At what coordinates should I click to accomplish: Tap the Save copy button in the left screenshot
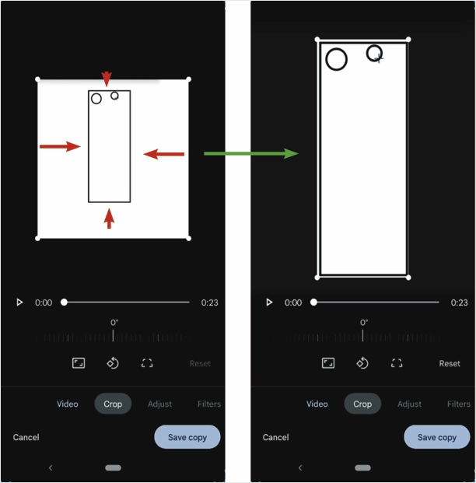pos(187,437)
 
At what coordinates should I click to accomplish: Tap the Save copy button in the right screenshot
pos(437,437)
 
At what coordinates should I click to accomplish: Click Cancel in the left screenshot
pos(26,437)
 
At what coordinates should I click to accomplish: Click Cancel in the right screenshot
pos(276,437)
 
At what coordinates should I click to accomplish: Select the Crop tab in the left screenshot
pos(113,404)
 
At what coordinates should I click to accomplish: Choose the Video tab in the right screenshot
pos(317,404)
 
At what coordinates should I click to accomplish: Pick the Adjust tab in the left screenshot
pos(159,404)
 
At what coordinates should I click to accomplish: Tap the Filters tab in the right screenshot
pos(459,404)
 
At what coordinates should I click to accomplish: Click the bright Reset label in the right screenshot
pos(450,363)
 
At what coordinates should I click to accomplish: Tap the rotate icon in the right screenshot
pos(362,363)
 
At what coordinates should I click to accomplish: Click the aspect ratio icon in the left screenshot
pos(79,363)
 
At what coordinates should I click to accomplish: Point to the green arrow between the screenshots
pos(251,153)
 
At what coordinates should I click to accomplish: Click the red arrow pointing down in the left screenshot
pos(107,79)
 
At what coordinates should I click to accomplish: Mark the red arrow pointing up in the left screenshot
pos(109,219)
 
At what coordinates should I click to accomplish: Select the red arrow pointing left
pos(164,154)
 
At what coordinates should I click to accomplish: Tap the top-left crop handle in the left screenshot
pos(37,79)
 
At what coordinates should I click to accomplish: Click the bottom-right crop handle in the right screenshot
pos(408,278)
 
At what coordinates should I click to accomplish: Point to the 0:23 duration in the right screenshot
pos(459,303)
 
